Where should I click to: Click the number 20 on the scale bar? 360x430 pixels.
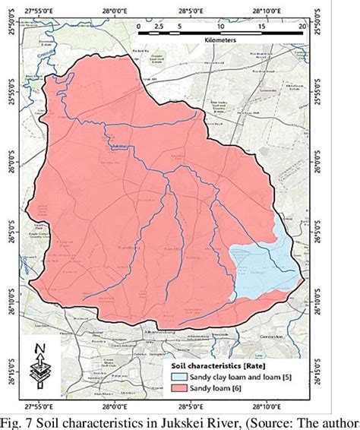point(304,25)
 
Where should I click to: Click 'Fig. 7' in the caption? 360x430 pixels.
point(19,421)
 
